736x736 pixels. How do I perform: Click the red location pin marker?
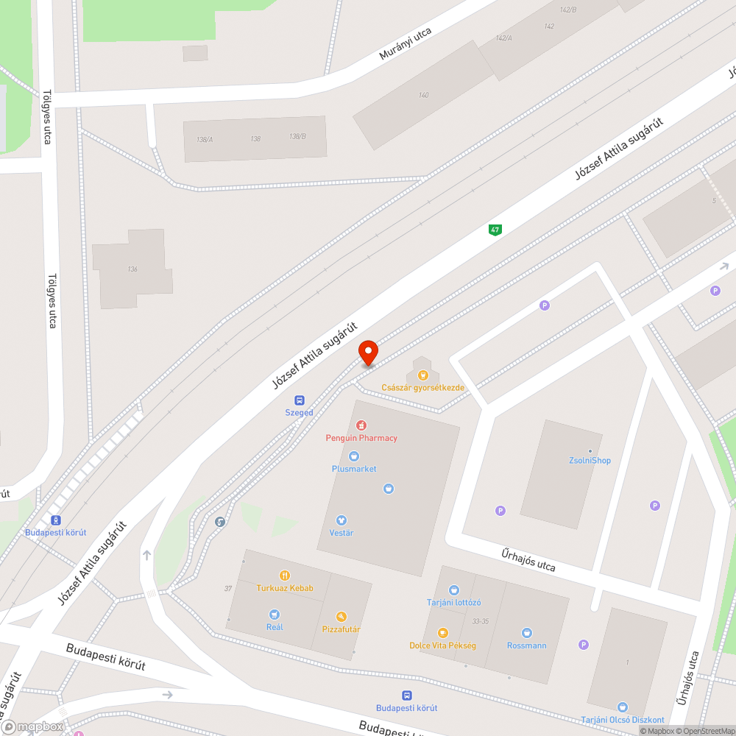367,353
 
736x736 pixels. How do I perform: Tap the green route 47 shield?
495,230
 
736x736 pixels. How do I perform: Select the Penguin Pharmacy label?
361,438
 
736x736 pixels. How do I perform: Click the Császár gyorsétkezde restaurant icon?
422,375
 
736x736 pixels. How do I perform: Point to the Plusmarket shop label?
354,469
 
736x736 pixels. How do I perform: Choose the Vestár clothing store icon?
341,520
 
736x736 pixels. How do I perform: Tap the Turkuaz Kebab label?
285,588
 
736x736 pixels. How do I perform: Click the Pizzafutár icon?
341,617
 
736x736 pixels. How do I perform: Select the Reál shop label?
275,627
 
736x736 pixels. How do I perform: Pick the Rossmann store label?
527,645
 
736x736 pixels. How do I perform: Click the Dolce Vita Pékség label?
442,645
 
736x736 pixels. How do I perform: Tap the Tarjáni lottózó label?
453,602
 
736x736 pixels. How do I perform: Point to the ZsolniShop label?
590,461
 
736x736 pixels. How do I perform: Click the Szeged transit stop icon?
300,400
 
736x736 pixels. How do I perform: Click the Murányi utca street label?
405,44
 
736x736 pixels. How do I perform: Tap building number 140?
423,95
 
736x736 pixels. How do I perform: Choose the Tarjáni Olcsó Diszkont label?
623,719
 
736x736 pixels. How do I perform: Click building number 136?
132,269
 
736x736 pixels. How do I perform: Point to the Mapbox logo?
33,726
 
